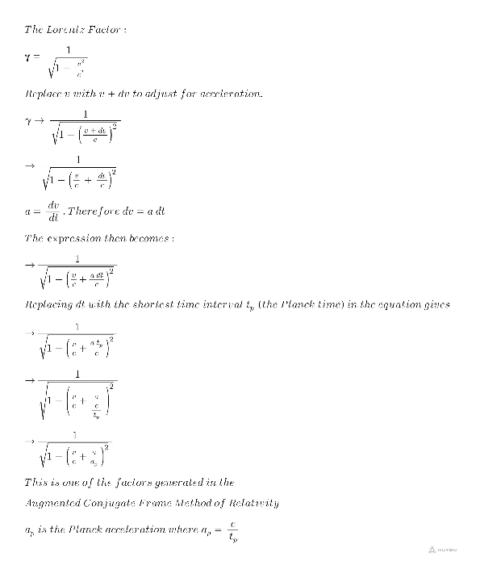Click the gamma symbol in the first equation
29,57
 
